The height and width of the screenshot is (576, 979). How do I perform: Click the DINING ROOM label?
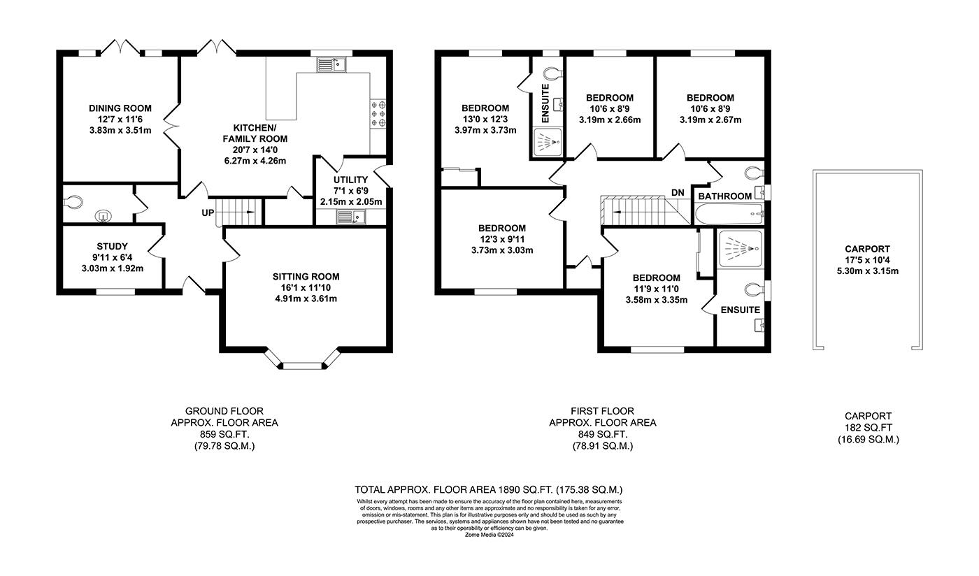click(120, 108)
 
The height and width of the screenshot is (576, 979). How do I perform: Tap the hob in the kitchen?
click(378, 113)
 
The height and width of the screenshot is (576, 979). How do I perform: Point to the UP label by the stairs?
click(208, 213)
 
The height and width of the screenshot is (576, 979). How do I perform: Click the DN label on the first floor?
click(678, 192)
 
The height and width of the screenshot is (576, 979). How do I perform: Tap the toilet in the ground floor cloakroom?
click(73, 202)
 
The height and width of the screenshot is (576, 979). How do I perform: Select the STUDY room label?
click(113, 246)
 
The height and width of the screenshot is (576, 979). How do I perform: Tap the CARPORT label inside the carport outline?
click(867, 249)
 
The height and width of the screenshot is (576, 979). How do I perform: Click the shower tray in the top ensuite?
click(546, 143)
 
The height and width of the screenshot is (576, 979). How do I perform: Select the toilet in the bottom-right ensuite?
click(754, 289)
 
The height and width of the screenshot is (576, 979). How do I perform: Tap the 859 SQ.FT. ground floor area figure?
click(224, 434)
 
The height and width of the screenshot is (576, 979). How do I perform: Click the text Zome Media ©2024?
click(489, 535)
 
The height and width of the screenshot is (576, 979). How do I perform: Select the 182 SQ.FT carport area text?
click(868, 428)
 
